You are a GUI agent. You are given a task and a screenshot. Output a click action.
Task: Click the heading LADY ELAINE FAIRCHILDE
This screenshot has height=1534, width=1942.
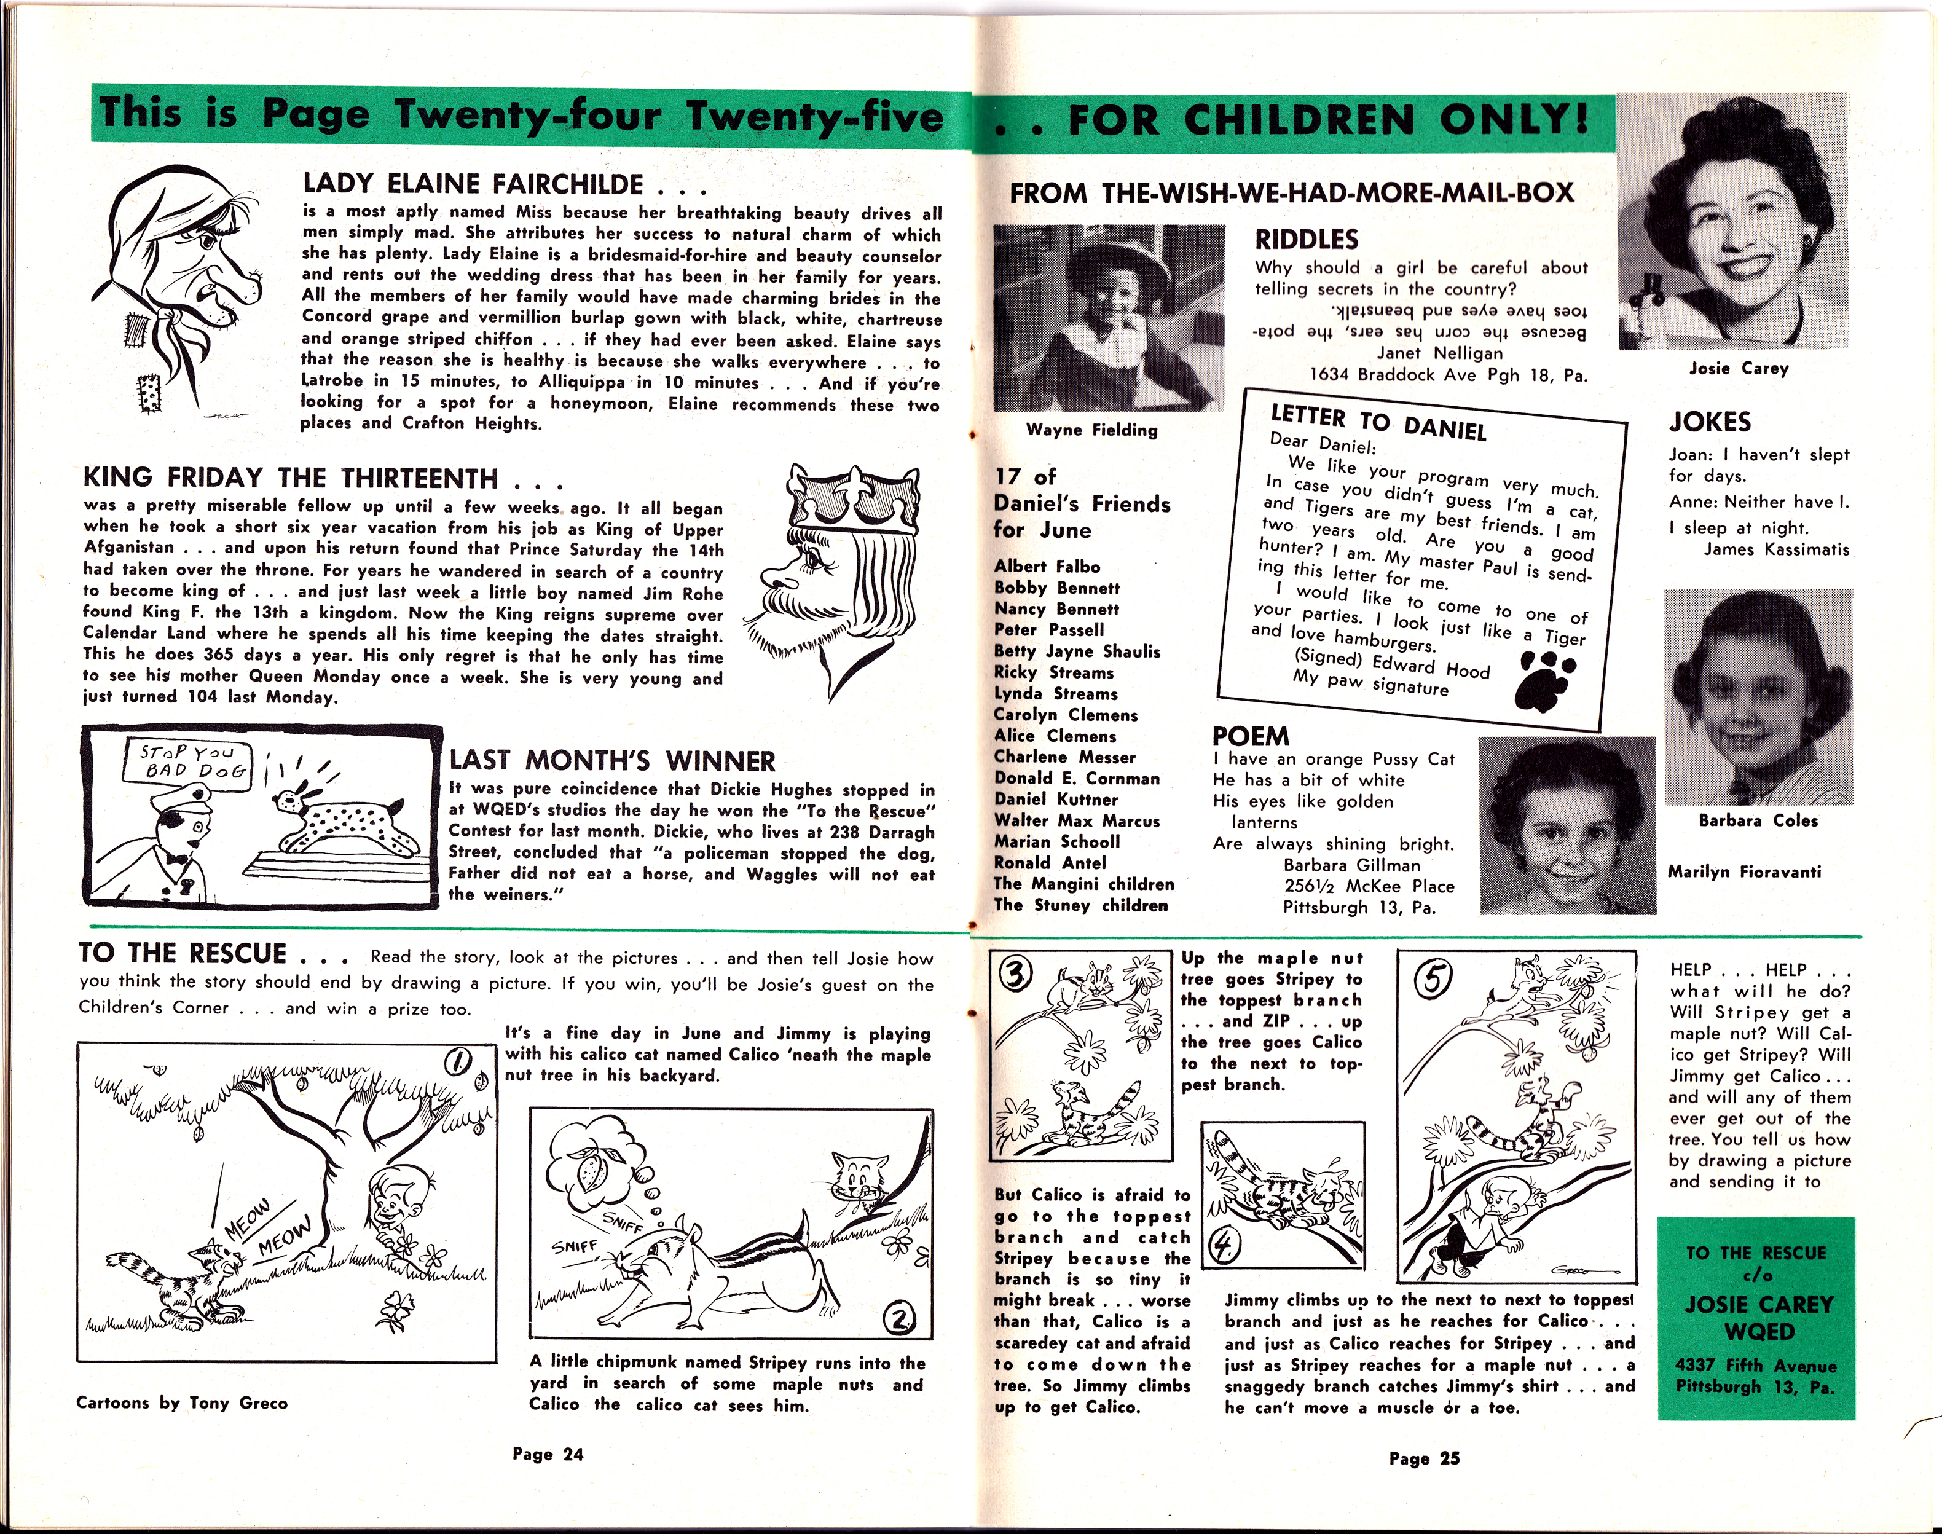coord(473,184)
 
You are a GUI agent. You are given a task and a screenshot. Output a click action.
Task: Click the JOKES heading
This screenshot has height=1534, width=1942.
coord(1710,422)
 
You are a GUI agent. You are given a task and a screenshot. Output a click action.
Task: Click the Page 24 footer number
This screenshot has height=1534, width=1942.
coord(548,1454)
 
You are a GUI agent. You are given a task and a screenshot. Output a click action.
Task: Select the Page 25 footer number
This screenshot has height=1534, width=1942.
coord(1424,1458)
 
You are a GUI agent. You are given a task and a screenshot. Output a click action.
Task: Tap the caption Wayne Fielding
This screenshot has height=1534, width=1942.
coord(1091,430)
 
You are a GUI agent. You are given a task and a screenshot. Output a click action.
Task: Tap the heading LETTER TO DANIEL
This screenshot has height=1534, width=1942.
coord(1378,423)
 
